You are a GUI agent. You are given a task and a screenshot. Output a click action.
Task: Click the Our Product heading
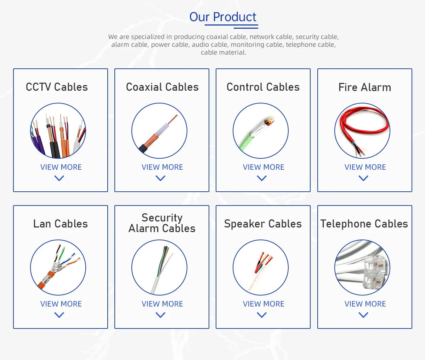223,17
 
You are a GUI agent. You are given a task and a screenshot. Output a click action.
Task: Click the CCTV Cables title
57,87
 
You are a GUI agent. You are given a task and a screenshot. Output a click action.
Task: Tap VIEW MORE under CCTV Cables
61,167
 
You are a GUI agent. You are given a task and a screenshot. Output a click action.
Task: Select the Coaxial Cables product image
159,131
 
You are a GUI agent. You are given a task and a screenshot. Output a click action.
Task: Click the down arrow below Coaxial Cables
160,178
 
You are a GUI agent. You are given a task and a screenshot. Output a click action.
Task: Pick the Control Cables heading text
263,87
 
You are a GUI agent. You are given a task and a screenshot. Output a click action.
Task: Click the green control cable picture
261,131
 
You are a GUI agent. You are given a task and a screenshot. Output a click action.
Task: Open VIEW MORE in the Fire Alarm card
365,167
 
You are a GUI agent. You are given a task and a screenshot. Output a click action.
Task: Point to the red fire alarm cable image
362,131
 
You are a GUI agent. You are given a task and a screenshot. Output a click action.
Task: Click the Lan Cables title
61,224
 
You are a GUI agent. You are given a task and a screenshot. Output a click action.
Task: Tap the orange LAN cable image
58,268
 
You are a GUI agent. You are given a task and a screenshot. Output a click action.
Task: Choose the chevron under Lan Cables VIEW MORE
59,315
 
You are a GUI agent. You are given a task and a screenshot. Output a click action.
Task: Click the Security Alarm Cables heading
162,223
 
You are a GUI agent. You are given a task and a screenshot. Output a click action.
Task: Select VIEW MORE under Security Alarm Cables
162,304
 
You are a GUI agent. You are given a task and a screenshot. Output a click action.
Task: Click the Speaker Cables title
263,224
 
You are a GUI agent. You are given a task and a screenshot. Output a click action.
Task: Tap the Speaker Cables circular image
261,268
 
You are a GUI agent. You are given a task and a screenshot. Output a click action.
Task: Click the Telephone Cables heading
364,224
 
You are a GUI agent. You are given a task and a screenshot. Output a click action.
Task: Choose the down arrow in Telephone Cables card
363,315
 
